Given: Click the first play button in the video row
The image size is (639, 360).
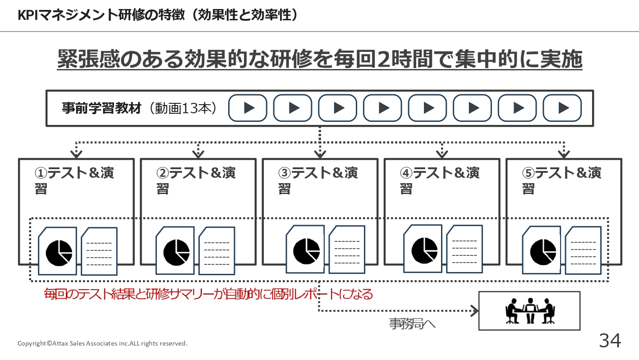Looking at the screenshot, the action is click(x=248, y=108).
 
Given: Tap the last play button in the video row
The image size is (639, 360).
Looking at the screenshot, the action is click(x=562, y=108).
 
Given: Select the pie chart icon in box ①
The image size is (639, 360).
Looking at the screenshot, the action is click(x=59, y=253).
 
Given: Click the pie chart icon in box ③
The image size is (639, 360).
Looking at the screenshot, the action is click(x=306, y=251).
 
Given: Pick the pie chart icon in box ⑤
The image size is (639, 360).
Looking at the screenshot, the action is click(x=543, y=252).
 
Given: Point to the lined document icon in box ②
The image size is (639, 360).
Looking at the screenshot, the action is click(x=217, y=251).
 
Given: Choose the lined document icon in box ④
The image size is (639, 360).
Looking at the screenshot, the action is click(x=464, y=249).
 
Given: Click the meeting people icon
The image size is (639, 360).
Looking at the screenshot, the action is click(x=530, y=311).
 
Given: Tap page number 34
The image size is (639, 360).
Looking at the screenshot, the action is click(x=610, y=340).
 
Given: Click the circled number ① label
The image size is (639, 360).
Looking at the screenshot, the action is click(x=41, y=173).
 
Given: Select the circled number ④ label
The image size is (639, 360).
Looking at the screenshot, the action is click(x=406, y=173).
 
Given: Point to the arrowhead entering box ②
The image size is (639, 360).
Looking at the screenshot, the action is click(x=198, y=154).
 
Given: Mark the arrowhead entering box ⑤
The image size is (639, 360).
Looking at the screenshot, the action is click(x=564, y=154).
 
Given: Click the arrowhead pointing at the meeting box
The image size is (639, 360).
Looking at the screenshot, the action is click(x=475, y=311).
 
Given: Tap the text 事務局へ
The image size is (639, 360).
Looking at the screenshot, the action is click(x=412, y=324).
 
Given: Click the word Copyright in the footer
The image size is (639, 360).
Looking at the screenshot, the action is click(x=32, y=343).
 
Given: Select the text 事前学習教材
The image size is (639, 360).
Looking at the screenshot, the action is click(x=102, y=108).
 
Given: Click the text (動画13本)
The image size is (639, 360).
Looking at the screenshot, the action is click(x=183, y=108).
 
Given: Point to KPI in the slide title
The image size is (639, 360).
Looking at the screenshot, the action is click(x=28, y=15).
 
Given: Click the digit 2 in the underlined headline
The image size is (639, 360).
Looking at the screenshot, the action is click(x=384, y=60).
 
